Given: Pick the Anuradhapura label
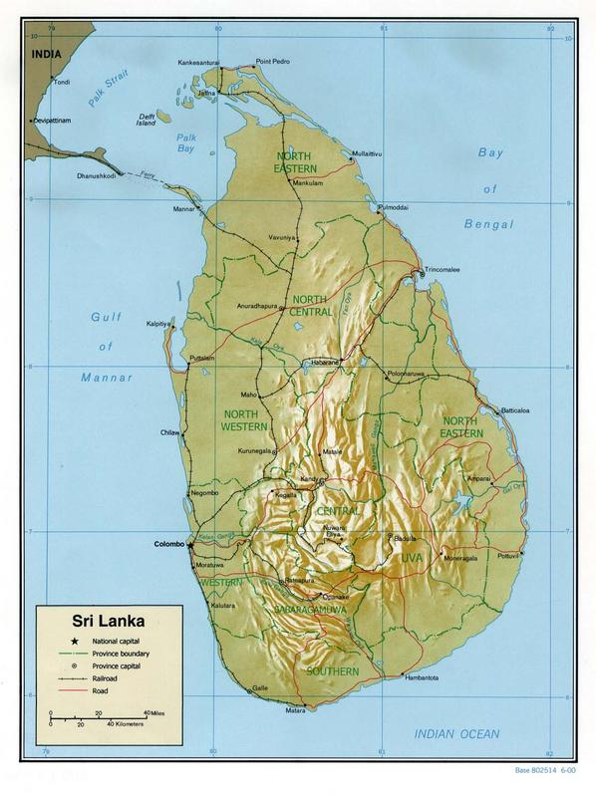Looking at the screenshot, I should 256,305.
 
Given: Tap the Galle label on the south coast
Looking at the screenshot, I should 260,687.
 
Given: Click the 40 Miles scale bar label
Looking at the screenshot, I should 154,713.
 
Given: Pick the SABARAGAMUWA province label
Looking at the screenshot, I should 298,604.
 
